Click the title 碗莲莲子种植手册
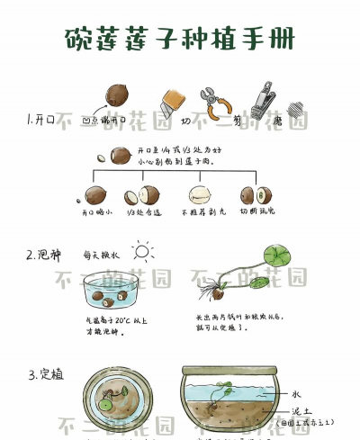(x=180, y=39)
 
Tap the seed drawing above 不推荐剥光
(x=200, y=194)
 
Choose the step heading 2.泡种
(x=44, y=255)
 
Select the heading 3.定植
(x=44, y=373)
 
